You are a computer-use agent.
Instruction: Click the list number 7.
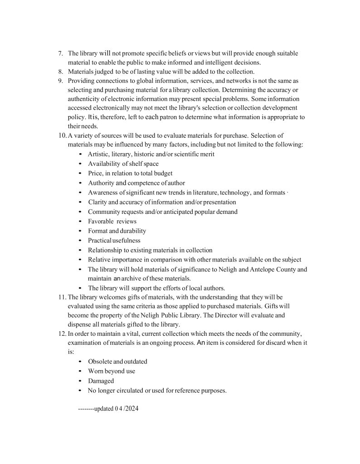coord(60,53)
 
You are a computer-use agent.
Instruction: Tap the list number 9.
coord(60,81)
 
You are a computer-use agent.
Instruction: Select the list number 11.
coord(63,297)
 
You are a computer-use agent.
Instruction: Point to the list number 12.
coord(63,333)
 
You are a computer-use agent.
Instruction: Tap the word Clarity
coord(97,202)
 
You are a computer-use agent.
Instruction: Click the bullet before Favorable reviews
coord(80,222)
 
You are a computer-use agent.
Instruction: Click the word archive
coord(132,279)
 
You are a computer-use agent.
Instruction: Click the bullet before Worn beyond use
coord(80,372)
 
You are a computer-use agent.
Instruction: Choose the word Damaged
coord(101,381)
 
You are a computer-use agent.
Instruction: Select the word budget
coord(162,173)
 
